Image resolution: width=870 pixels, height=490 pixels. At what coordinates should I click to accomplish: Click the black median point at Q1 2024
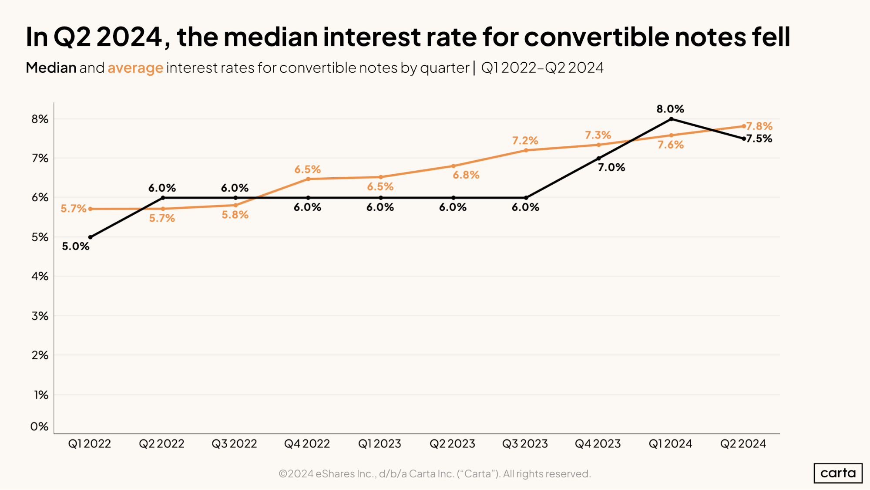pyautogui.click(x=671, y=119)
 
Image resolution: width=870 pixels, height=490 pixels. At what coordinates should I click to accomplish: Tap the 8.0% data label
pyautogui.click(x=670, y=109)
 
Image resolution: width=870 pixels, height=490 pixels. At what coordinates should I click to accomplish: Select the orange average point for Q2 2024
pyautogui.click(x=744, y=126)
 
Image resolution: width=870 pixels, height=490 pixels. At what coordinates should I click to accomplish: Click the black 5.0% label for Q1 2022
pyautogui.click(x=76, y=247)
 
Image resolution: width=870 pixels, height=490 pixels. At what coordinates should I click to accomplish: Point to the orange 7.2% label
pyautogui.click(x=525, y=141)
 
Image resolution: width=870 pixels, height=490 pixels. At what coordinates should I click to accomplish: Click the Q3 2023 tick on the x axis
pyautogui.click(x=525, y=444)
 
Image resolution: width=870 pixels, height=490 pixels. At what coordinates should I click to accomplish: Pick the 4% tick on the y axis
pyautogui.click(x=40, y=276)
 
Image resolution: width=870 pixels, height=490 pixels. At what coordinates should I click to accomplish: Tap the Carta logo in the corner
pyautogui.click(x=838, y=473)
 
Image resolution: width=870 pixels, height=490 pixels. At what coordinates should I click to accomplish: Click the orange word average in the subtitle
pyautogui.click(x=135, y=68)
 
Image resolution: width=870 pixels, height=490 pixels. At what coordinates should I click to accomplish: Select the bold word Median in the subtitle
pyautogui.click(x=51, y=68)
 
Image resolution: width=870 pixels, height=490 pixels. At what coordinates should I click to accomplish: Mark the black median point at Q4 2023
pyautogui.click(x=598, y=159)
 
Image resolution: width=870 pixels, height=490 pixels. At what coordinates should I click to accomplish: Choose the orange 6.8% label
pyautogui.click(x=466, y=175)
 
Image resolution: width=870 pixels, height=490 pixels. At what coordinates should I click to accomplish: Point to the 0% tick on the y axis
pyautogui.click(x=39, y=426)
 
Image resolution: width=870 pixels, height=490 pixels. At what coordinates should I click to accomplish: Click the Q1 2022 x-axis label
pyautogui.click(x=90, y=444)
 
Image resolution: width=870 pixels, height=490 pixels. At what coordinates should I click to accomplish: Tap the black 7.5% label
pyautogui.click(x=759, y=139)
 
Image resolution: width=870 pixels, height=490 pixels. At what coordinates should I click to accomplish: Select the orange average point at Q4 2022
pyautogui.click(x=308, y=179)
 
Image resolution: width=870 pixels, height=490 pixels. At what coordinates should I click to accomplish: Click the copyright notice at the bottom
pyautogui.click(x=434, y=474)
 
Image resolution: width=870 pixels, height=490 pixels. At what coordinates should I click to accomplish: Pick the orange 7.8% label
pyautogui.click(x=759, y=126)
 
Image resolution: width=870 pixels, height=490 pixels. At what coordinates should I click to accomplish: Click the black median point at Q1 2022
pyautogui.click(x=91, y=237)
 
